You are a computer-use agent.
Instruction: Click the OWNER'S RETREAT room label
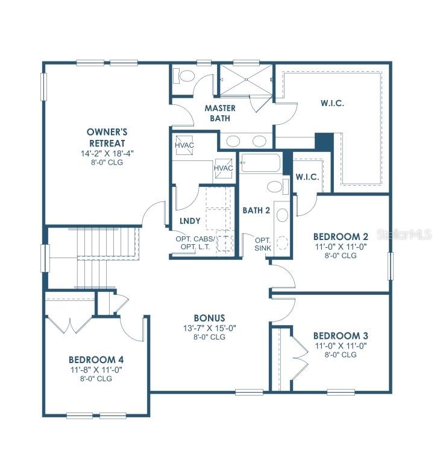[x=106, y=138]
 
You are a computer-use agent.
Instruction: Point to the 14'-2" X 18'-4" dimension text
[x=106, y=153]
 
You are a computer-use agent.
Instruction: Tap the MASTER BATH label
[x=219, y=113]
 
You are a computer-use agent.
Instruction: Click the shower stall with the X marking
[x=245, y=78]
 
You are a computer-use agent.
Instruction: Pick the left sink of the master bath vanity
[x=233, y=141]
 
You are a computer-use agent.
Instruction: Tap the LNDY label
[x=190, y=221]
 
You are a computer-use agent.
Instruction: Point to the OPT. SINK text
[x=262, y=243]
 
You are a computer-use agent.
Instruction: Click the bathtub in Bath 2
[x=260, y=163]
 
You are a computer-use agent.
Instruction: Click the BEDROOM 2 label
[x=341, y=236]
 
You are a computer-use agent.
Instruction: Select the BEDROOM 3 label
[x=341, y=336]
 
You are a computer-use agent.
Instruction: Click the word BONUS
[x=209, y=318]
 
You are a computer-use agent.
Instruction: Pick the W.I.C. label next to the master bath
[x=332, y=103]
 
